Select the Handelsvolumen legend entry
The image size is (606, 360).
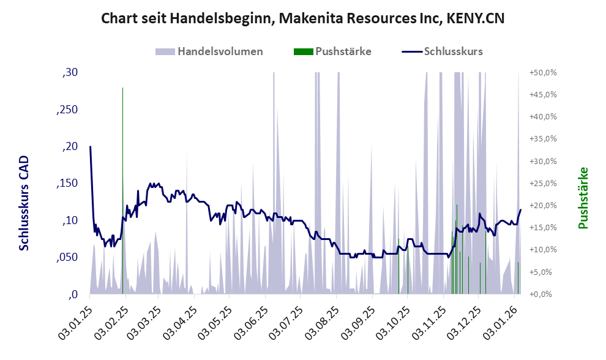pos(220,51)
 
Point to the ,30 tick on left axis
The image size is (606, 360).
pos(70,73)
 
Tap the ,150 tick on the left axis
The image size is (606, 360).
pos(67,184)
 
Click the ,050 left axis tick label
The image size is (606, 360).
pos(67,258)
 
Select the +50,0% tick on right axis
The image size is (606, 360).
pos(543,73)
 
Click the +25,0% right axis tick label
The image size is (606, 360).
pos(543,184)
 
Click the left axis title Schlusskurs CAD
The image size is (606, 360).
pos(24,203)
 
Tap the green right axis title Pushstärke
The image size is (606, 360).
pos(583,198)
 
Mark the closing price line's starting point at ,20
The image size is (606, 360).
pos(90,147)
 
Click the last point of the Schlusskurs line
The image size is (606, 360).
pos(520,210)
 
